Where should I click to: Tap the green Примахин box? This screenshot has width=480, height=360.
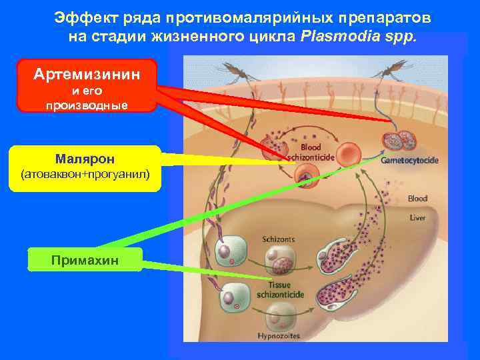pos(85,259)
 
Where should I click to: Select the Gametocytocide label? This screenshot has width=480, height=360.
pos(409,161)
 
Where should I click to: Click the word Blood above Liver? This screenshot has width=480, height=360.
pos(417,199)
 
